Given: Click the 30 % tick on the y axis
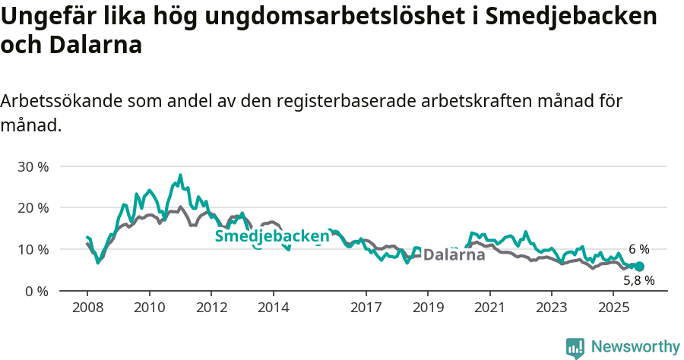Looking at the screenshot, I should click(32, 166).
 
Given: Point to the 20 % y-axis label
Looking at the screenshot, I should click(32, 208).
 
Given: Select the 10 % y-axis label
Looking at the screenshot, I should click(32, 250).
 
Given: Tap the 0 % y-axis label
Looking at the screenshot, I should click(36, 292).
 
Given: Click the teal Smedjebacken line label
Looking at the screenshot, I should click(272, 236).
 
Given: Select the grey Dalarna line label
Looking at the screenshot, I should click(454, 254).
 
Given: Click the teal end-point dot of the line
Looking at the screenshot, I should click(639, 267).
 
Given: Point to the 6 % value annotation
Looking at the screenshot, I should click(638, 249).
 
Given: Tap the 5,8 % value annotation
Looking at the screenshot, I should click(638, 281).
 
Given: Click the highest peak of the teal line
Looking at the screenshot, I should click(180, 175).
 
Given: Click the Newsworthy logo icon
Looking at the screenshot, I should click(575, 348).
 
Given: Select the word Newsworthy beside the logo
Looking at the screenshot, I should click(635, 347).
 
